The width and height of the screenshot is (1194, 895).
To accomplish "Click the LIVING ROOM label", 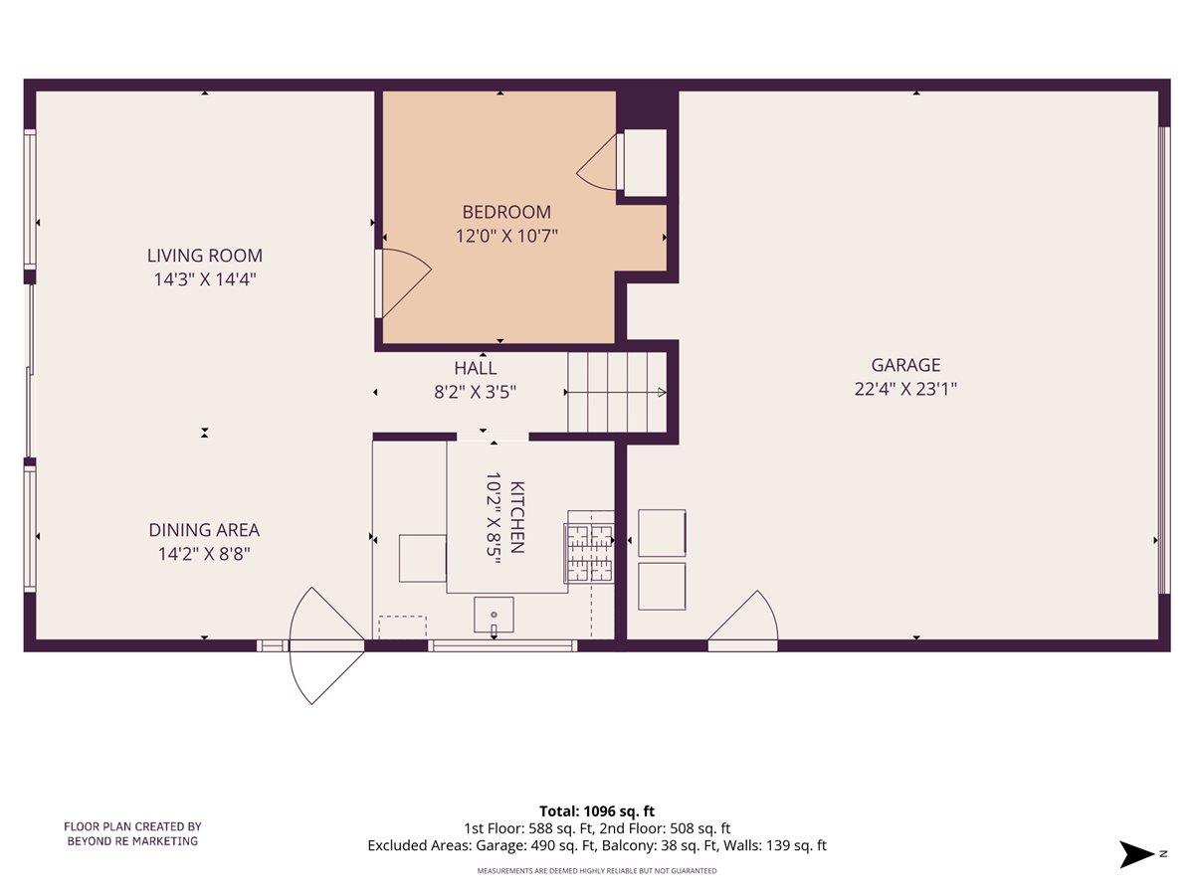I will [x=205, y=257].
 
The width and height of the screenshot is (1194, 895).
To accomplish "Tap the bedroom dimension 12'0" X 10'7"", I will [x=505, y=237].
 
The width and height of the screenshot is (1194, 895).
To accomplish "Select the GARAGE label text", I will [x=904, y=366].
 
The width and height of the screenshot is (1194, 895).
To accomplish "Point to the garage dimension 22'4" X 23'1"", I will [x=904, y=390].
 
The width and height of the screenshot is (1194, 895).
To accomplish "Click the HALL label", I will [x=475, y=369].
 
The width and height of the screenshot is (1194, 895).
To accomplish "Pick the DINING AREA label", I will [x=204, y=531].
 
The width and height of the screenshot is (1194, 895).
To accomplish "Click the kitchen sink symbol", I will [x=494, y=616].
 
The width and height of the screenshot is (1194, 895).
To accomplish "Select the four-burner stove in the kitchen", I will [x=590, y=552].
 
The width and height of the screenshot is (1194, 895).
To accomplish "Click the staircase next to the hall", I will [x=615, y=392].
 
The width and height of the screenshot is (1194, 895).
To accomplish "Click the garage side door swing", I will [x=744, y=621].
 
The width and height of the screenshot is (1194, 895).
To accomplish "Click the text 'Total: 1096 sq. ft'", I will [x=597, y=811].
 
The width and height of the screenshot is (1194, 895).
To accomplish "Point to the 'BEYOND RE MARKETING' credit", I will [x=132, y=841].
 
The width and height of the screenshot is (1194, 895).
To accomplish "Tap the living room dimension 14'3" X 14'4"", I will [x=205, y=280].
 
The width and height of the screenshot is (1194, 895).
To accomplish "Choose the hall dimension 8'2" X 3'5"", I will [x=475, y=392].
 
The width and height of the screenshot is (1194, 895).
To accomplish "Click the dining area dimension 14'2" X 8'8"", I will [x=204, y=555].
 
